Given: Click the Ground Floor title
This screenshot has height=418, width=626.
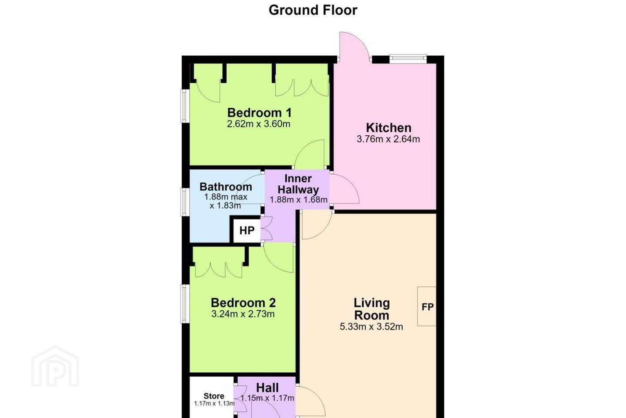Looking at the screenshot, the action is [x=313, y=10].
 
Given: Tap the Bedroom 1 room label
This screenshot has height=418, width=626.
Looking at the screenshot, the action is [x=260, y=112].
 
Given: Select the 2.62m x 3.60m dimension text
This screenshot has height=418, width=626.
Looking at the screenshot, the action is [x=259, y=124].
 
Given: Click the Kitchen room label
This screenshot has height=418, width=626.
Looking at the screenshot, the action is [x=389, y=128].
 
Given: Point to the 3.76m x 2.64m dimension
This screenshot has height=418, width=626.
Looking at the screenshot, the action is [x=388, y=139].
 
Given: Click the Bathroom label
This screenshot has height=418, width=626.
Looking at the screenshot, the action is [x=226, y=187].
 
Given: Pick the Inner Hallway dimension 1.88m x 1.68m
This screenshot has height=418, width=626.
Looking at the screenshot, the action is [x=299, y=199].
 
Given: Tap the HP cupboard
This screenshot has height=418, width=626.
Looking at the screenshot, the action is [x=247, y=230].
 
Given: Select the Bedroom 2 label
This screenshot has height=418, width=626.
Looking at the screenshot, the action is [x=243, y=303].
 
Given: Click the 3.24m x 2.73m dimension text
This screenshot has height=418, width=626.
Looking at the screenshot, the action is [x=243, y=314].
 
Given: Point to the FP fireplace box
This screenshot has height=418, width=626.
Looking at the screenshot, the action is [x=427, y=306].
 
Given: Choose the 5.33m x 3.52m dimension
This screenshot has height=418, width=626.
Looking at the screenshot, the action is [x=371, y=327].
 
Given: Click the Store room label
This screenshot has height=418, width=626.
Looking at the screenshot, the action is [x=214, y=396].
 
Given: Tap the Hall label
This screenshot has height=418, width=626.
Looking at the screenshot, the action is [x=267, y=388].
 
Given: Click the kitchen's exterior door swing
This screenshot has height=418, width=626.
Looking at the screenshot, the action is [x=354, y=47].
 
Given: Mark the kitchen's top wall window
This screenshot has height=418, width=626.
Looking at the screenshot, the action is [x=408, y=58].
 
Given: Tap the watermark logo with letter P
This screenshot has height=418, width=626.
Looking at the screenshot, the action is [x=55, y=366].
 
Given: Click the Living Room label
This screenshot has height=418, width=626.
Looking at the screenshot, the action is [x=371, y=309].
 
